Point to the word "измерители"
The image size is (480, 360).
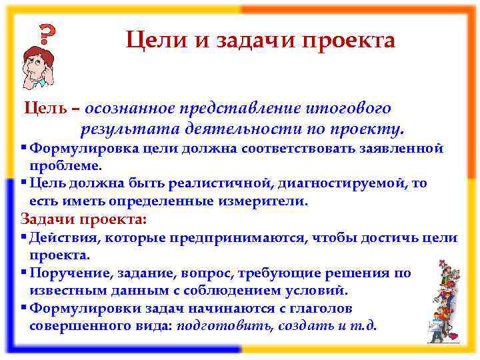tap(267, 201)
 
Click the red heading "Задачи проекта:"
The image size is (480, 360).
tap(83, 219)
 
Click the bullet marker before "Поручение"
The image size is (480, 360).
tap(23, 273)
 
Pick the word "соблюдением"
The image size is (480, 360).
tap(224, 291)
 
